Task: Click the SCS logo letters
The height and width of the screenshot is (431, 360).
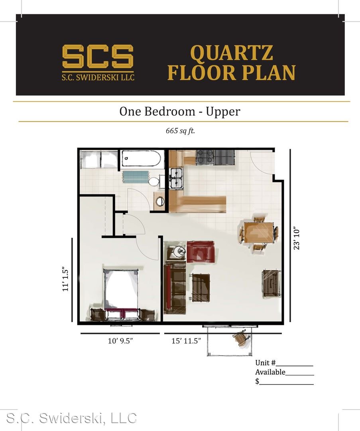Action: click(98, 56)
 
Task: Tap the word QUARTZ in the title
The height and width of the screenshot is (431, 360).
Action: click(232, 53)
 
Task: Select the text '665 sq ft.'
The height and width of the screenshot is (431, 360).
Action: click(180, 130)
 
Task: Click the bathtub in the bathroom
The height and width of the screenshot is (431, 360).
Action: click(141, 158)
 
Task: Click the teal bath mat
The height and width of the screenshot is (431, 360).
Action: click(135, 177)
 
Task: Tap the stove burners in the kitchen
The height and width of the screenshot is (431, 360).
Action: click(205, 157)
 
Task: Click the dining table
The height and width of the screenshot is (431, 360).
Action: click(259, 233)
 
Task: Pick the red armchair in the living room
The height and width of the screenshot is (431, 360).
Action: click(201, 251)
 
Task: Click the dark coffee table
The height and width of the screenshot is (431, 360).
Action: click(201, 287)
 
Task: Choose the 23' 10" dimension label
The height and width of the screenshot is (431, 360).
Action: click(297, 238)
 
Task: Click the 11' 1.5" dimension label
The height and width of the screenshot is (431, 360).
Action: click(65, 279)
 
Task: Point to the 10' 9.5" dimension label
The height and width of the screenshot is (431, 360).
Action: click(120, 341)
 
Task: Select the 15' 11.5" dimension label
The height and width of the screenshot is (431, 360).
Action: click(186, 341)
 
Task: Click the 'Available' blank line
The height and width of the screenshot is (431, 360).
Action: click(299, 375)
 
